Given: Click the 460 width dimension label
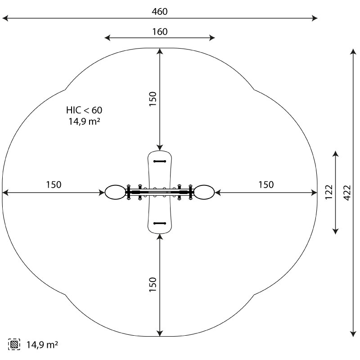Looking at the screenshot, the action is pos(160,12).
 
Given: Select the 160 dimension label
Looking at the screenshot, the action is pos(160,31).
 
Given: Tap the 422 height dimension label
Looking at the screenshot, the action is pos(347,193).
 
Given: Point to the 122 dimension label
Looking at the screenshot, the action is pos(329,192).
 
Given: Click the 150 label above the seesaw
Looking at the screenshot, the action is pos(153,99).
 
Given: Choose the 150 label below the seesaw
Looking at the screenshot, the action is pos(153,284).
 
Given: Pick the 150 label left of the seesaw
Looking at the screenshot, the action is pos(54,184).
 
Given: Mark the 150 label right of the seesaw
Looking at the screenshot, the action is pos(266,184).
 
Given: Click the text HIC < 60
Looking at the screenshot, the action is pos(84,110).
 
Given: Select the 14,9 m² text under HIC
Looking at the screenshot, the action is pos(84,121).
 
